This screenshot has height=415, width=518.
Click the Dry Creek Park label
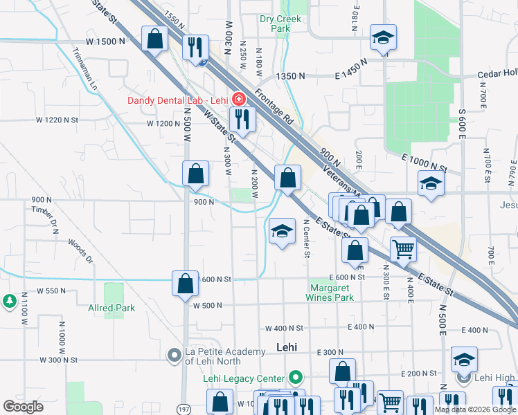(280, 24)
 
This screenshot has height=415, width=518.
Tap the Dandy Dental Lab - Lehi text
(177, 100)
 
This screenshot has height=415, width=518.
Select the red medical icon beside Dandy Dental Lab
(238, 99)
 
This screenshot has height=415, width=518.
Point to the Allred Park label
(111, 308)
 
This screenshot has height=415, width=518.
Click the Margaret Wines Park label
(330, 293)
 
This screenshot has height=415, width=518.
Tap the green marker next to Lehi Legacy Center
(296, 378)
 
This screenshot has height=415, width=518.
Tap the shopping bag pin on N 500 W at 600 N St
(185, 283)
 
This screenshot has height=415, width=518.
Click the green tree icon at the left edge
(9, 301)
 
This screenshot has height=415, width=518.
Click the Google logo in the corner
(23, 407)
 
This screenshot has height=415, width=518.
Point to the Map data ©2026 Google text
(474, 409)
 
